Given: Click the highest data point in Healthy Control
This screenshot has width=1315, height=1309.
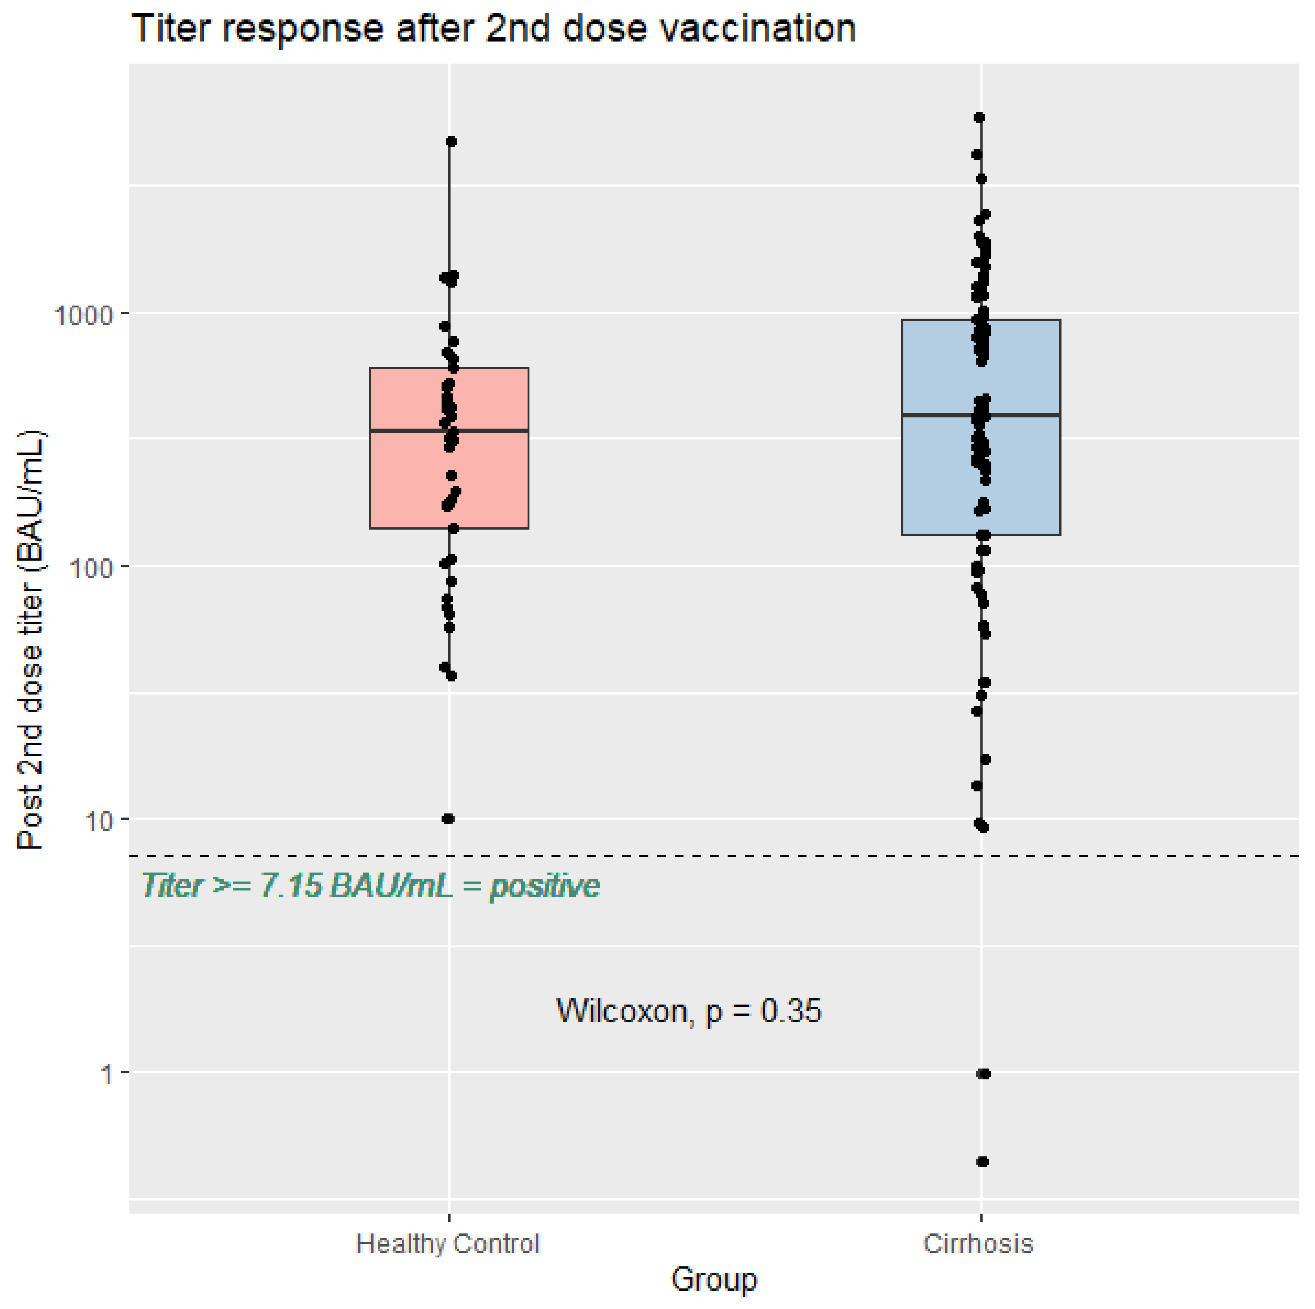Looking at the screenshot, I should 451,142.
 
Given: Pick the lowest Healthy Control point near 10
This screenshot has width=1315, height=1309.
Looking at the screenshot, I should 448,819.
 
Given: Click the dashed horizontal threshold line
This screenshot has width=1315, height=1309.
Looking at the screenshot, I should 749,856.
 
